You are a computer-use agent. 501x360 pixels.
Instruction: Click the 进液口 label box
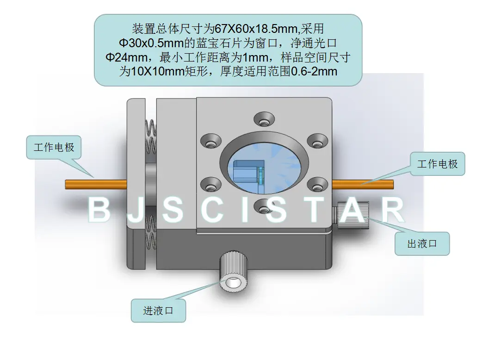tap(158, 310)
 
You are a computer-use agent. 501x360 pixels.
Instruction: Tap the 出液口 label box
tap(422, 243)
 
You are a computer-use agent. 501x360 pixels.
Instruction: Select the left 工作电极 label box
tap(54, 148)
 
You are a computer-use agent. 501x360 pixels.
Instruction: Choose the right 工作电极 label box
tap(438, 164)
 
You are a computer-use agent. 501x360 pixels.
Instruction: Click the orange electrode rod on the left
tap(96, 185)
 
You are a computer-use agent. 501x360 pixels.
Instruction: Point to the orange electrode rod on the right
tap(363, 185)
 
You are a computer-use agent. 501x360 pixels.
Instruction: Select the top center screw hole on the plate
tap(264, 119)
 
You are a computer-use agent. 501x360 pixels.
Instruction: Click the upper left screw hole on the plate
tap(211, 141)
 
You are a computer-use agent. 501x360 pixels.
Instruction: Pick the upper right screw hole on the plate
tap(317, 141)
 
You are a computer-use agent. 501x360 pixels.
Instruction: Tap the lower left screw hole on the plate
tap(211, 184)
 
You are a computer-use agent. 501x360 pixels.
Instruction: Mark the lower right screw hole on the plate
tap(317, 184)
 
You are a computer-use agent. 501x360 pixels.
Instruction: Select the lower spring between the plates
tap(151, 232)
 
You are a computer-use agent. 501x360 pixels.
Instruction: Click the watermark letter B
tap(99, 210)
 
